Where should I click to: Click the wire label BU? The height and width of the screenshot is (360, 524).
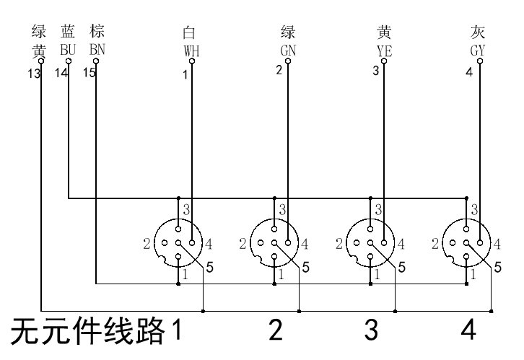pos(69,50)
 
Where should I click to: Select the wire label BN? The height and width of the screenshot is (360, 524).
pos(97,50)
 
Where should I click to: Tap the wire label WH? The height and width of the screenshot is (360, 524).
pos(191,51)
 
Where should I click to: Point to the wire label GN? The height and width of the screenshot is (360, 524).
pos(288,51)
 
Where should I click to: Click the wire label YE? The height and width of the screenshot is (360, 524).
pos(384,51)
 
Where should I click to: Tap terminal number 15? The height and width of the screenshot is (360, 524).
pos(89,74)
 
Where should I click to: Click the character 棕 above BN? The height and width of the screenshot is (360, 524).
pos(97,32)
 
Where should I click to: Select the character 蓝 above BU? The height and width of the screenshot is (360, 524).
pos(69,32)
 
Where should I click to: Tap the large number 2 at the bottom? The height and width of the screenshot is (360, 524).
pos(275,330)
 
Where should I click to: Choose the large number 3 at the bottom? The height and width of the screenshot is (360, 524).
pos(371,330)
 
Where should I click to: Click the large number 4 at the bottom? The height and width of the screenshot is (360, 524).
pos(468,330)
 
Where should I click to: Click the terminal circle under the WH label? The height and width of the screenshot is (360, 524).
pos(191,62)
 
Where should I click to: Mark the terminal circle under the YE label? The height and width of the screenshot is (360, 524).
pos(384,62)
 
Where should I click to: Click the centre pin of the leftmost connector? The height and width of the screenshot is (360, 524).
pos(179,243)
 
